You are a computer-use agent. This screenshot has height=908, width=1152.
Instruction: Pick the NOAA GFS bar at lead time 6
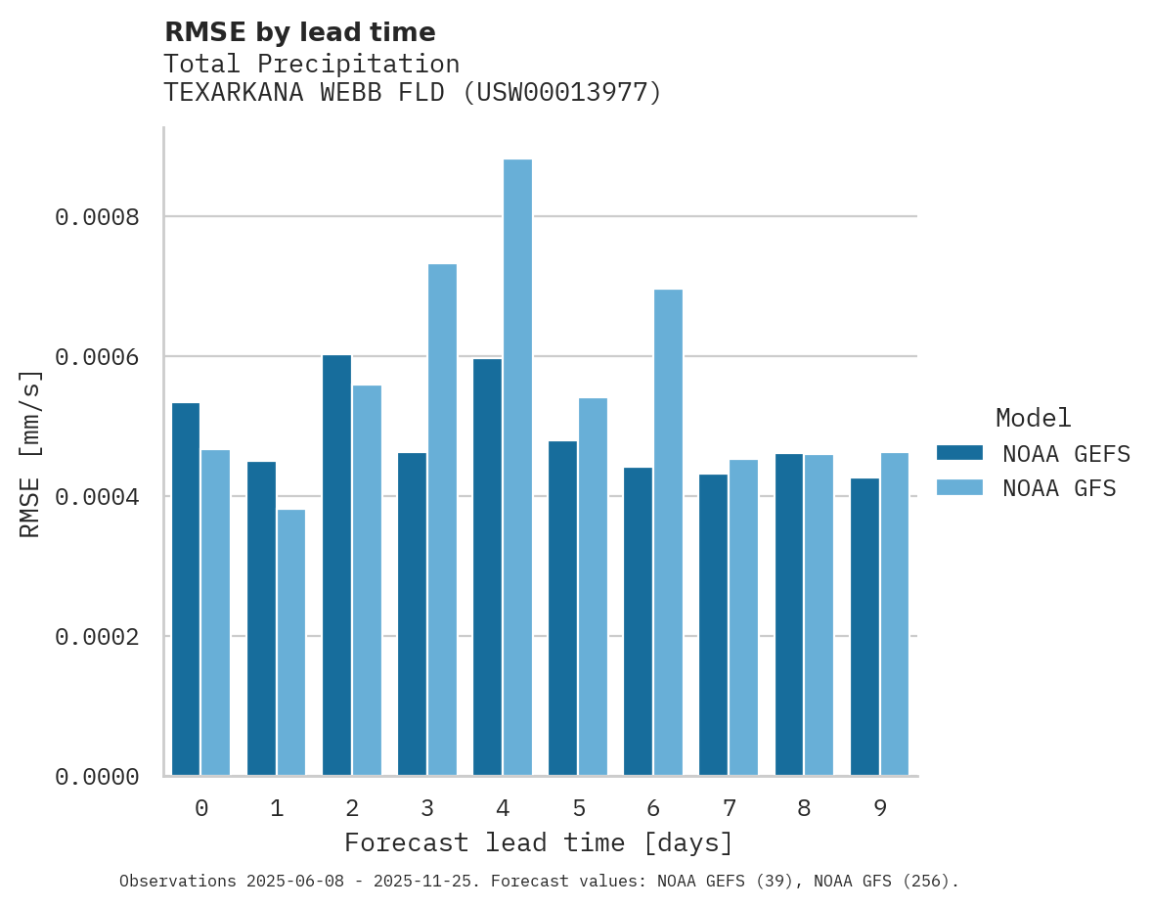click(668, 532)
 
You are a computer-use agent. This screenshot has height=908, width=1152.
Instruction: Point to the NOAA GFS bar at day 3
click(442, 520)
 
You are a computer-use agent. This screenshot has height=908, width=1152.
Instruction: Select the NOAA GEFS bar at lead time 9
click(864, 627)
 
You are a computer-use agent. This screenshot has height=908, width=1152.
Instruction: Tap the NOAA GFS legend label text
click(1059, 488)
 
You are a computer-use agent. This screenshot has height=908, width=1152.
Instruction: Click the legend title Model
click(1034, 419)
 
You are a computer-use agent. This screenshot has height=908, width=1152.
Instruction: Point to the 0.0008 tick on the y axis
click(97, 217)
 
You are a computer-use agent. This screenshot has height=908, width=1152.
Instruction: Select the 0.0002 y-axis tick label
click(97, 637)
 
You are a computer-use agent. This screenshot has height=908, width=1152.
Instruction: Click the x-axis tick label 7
click(730, 808)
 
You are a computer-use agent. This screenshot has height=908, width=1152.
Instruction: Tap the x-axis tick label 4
click(503, 808)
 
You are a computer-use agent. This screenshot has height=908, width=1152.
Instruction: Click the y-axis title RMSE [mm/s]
click(30, 454)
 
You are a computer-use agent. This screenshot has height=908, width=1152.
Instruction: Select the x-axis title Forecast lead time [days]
click(539, 842)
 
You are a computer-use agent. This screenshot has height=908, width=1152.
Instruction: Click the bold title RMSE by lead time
click(299, 32)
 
